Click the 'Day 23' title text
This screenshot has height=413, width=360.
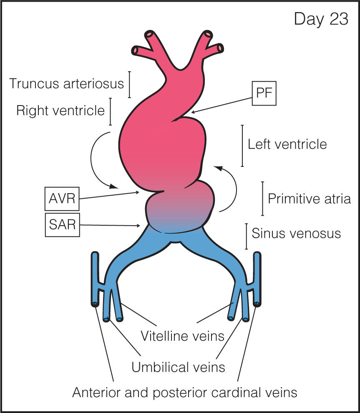click(x=321, y=19)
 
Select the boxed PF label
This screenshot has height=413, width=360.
click(x=264, y=94)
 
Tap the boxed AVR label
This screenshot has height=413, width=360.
click(x=61, y=199)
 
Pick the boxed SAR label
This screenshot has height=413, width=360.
click(x=61, y=225)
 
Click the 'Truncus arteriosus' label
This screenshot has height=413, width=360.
click(x=67, y=83)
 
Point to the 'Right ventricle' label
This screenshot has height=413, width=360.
click(x=60, y=111)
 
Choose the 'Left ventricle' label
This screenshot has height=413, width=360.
click(x=287, y=144)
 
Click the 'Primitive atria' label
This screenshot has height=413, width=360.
click(x=309, y=199)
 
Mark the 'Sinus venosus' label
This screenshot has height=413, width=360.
click(x=296, y=233)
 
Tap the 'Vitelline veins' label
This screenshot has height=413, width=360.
click(x=183, y=335)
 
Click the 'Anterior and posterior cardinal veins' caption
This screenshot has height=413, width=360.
click(x=185, y=392)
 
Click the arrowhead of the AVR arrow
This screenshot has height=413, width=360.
click(x=139, y=192)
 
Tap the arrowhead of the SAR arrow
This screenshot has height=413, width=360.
click(x=139, y=226)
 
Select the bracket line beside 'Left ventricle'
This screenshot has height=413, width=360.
click(x=242, y=146)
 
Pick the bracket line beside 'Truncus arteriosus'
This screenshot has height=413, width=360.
click(x=130, y=84)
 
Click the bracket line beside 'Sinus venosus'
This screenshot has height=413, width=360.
click(x=247, y=236)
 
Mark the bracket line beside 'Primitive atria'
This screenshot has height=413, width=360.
click(x=262, y=199)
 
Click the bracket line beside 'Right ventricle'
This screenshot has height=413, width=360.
click(x=111, y=111)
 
